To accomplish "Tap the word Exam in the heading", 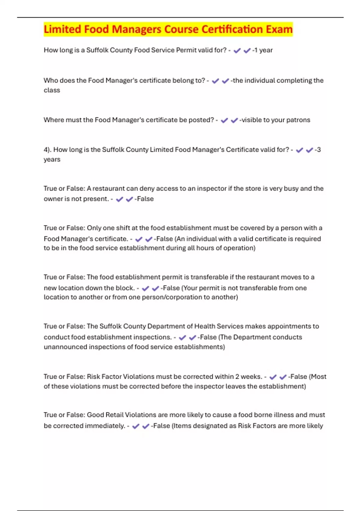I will click(x=279, y=29).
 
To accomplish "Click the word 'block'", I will click(x=125, y=288).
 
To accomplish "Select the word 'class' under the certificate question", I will click(x=52, y=90).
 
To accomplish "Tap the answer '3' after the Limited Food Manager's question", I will click(x=319, y=150).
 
